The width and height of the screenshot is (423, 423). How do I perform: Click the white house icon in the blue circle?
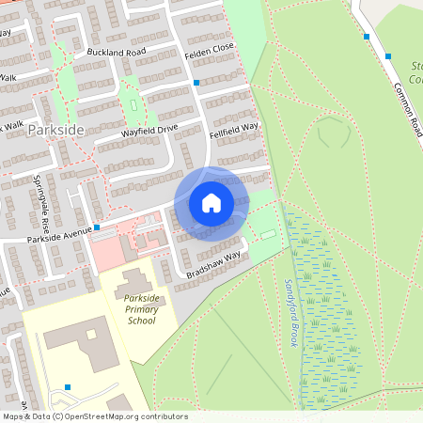(x=211, y=203)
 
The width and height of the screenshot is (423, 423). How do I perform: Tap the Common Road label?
(x=408, y=107)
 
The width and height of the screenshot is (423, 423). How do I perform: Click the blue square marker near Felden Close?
(x=196, y=83)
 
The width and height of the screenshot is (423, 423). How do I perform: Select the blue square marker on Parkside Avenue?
(x=97, y=226)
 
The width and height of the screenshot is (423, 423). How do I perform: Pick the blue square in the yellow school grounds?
(x=68, y=387)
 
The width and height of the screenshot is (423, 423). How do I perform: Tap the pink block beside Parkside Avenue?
(x=106, y=250)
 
